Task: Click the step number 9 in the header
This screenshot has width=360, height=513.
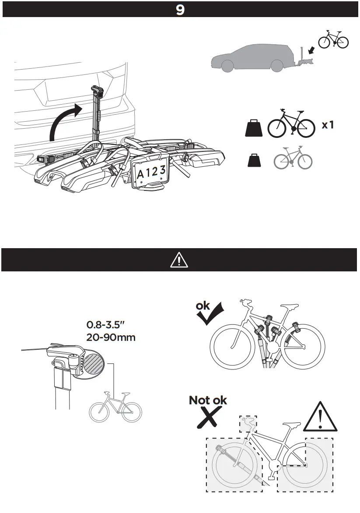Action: (180, 10)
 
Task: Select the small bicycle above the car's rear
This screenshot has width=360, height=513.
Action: (333, 40)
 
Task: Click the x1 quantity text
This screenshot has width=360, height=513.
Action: (328, 125)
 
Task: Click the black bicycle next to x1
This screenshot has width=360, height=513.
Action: (291, 124)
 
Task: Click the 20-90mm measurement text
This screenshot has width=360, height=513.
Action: (111, 337)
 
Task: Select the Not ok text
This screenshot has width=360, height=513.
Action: (208, 400)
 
